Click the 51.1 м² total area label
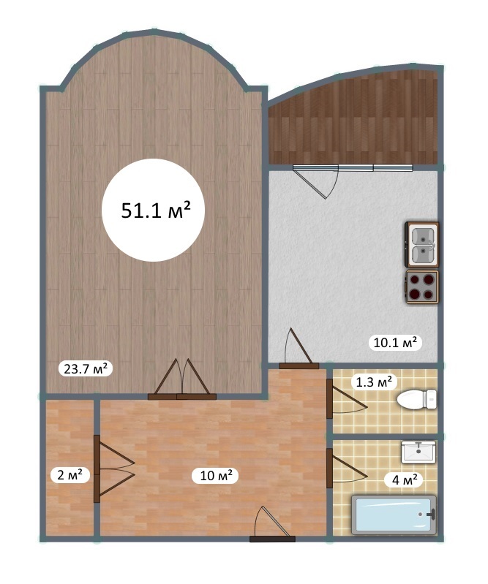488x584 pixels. (156, 211)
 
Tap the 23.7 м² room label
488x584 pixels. (86, 369)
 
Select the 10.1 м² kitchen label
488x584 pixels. (395, 342)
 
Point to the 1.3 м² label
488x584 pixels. (374, 382)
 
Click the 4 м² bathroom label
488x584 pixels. (404, 479)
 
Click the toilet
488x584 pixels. (417, 399)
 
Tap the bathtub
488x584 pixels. (394, 515)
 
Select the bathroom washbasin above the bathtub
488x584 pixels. (418, 452)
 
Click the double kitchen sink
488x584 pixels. (422, 245)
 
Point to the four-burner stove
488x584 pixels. (422, 287)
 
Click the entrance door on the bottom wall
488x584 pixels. (272, 523)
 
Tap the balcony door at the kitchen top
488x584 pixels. (316, 181)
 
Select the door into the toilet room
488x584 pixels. (346, 399)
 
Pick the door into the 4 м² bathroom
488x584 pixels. (346, 469)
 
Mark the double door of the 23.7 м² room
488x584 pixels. (181, 379)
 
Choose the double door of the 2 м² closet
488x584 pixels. (113, 469)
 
